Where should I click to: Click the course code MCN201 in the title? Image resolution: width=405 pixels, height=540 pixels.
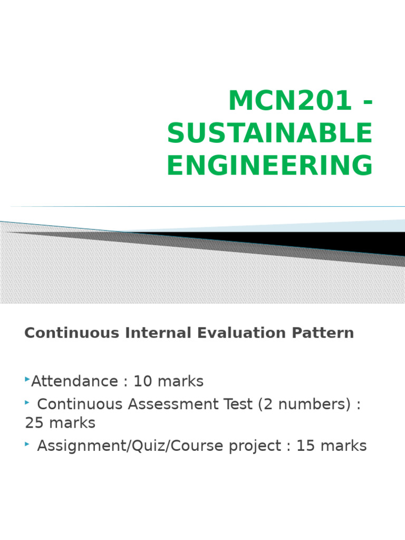[290, 101]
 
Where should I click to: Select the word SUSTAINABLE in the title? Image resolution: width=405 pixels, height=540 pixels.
[269, 133]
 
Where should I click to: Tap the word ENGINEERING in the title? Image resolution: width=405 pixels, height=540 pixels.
[269, 165]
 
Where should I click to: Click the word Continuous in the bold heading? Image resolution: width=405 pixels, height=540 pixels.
[72, 333]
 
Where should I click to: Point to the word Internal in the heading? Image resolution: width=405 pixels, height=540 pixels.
[158, 333]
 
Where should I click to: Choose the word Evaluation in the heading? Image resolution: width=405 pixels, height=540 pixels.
[242, 333]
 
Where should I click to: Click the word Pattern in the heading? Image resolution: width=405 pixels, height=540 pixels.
[323, 333]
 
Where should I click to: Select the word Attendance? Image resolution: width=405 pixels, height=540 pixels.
[75, 381]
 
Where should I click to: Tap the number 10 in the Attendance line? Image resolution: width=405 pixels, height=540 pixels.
[142, 381]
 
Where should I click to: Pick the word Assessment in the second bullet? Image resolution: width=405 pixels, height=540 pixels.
[173, 404]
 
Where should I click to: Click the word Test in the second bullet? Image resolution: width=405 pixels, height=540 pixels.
[238, 404]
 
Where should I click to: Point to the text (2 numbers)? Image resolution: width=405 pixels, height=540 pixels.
[304, 404]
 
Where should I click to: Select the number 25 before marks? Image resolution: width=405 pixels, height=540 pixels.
[34, 423]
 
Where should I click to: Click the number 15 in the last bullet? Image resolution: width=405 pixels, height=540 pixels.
[305, 446]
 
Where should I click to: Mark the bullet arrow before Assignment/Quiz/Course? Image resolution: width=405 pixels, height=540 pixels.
[27, 444]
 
